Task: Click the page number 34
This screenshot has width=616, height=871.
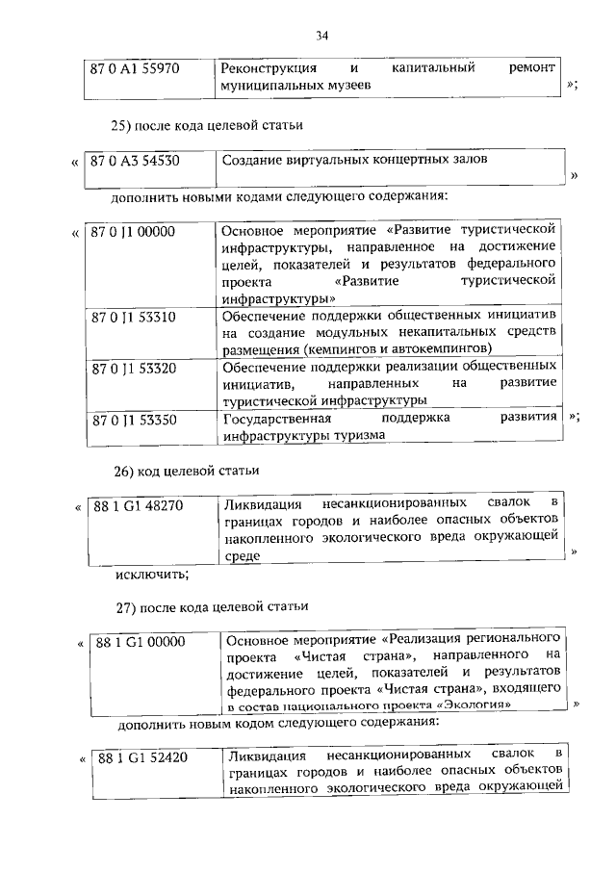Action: coord(322,37)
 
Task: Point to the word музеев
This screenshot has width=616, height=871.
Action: coord(347,86)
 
